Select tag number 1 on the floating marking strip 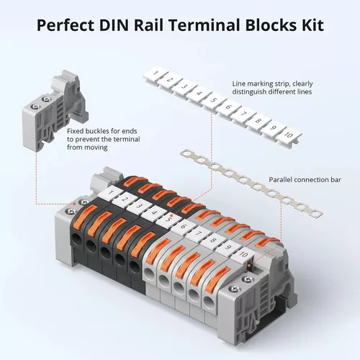[155, 73]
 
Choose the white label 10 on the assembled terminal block [243, 255]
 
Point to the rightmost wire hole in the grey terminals [208, 301]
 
